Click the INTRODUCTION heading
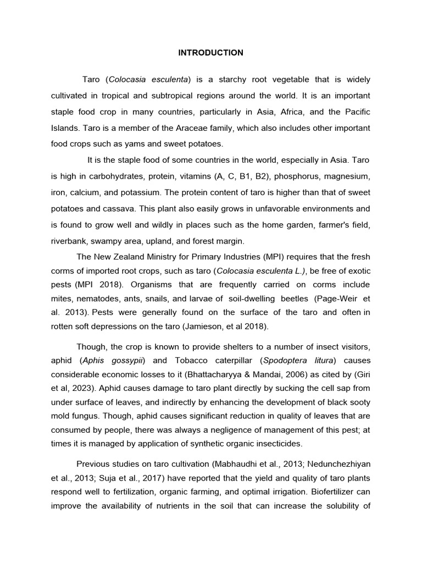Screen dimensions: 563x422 [210, 53]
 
